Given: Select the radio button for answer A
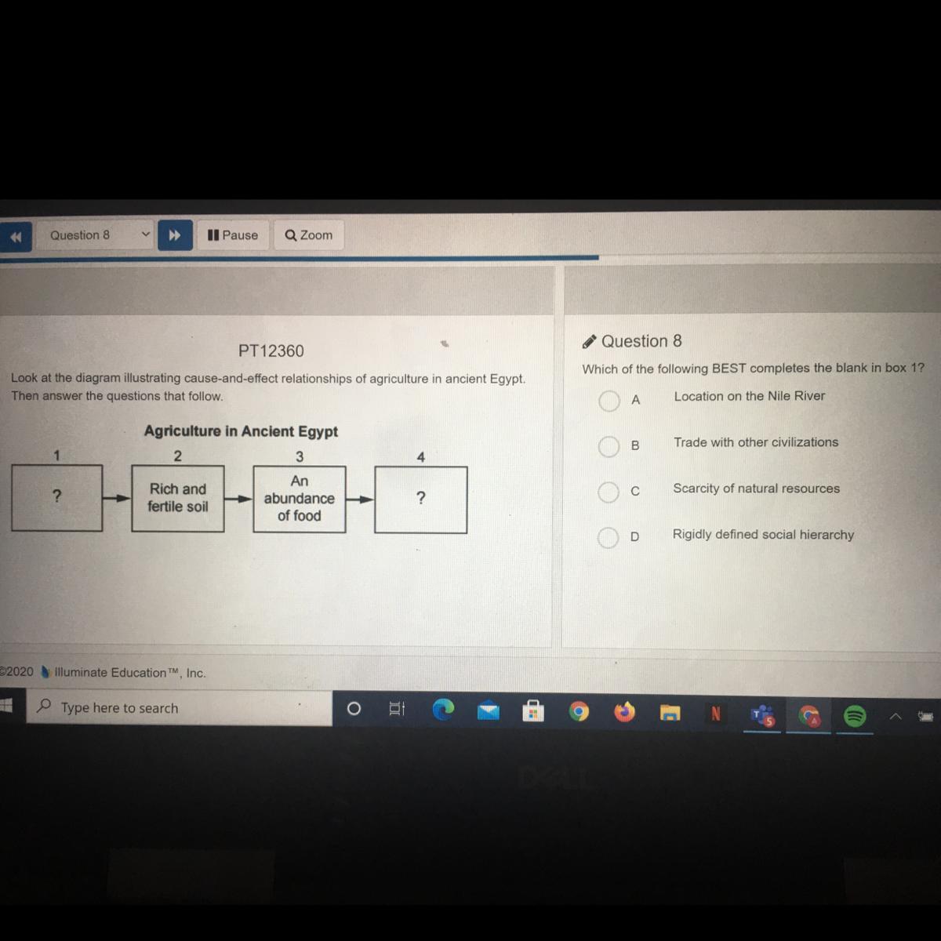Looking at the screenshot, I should coord(609,401).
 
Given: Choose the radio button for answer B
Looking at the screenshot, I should coord(609,446).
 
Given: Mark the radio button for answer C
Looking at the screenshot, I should coord(608,492).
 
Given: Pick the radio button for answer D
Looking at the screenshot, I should coord(608,537).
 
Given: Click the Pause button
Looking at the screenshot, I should coord(233,235).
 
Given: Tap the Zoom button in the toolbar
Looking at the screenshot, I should coord(309,235).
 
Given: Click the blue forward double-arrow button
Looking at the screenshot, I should coord(175,235).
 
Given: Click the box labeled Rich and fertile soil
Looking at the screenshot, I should coord(178,498).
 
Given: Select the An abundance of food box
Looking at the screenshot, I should coord(299,499).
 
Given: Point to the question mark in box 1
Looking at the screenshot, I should coord(56,496).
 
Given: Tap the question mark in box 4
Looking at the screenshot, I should coord(421,498).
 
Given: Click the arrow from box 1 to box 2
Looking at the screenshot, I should coord(117,498).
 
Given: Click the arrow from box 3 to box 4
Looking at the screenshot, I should coord(360,499).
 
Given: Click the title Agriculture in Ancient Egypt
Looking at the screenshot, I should coord(241,431).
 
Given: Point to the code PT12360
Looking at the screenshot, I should coord(271,351).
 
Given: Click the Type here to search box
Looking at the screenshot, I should coord(180,708).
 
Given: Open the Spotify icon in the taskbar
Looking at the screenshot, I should coord(854,715).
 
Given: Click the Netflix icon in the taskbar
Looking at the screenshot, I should coord(715,714).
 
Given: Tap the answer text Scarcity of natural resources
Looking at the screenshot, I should coord(756,489).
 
